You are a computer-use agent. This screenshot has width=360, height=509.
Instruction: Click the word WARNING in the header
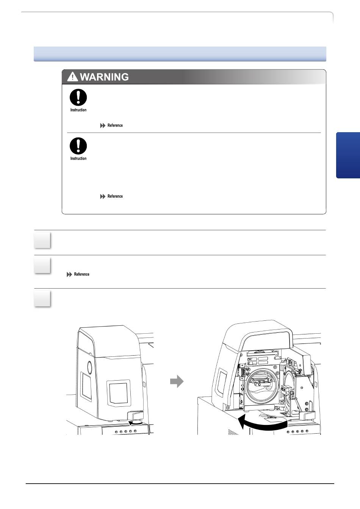pos(104,77)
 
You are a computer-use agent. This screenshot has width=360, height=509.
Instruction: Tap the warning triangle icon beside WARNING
pos(72,77)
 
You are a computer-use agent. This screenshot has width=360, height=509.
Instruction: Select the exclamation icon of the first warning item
pos(78,97)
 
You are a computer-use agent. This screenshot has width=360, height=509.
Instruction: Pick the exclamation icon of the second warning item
pos(78,146)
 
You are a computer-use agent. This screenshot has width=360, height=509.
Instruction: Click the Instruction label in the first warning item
pos(78,110)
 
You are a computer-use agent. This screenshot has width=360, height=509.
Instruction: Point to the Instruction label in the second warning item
pos(78,159)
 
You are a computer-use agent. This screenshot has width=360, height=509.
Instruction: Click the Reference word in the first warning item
pos(115,125)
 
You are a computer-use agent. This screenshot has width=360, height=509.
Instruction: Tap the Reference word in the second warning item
pos(115,196)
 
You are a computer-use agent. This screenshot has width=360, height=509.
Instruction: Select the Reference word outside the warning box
pos(81,274)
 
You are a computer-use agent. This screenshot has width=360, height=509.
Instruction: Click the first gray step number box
pos(42,240)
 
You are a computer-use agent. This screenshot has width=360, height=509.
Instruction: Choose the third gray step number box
pos(42,299)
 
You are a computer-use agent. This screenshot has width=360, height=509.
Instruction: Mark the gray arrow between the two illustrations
pos(177,381)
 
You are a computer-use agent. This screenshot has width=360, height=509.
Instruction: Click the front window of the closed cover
pos(119,393)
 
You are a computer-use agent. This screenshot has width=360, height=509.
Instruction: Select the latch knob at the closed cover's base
pos(135,415)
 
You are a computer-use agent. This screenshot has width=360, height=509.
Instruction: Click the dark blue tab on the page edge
pos(348,155)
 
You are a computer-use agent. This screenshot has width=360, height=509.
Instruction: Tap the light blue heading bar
pos(180,54)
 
